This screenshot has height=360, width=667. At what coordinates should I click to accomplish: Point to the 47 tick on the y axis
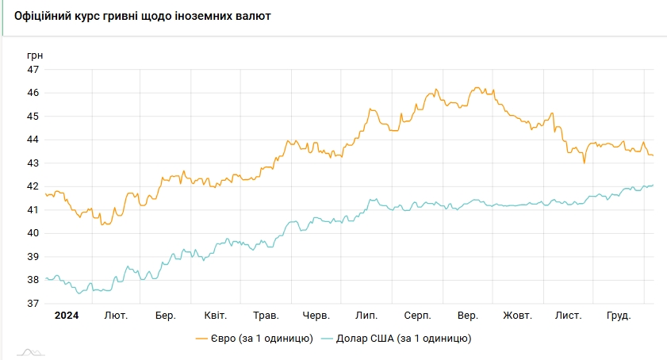coord(33,70)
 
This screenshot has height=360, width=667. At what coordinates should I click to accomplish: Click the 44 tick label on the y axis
coord(33,140)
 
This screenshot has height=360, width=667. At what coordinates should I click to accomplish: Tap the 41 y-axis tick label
coord(33,210)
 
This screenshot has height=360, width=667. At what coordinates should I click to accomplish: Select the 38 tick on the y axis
coord(33,280)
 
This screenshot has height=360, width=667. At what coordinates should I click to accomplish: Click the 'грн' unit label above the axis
coord(35,55)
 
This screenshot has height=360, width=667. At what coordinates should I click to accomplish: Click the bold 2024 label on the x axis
coord(66,316)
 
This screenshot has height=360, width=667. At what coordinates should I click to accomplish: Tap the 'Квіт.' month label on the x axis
coord(216,316)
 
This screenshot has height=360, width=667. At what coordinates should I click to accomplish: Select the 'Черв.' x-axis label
coord(316,316)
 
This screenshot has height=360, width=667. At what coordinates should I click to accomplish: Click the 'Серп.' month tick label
coord(417,316)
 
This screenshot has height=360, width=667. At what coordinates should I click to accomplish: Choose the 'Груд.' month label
coord(618,316)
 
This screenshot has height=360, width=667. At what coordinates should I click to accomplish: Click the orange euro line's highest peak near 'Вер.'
coord(476,87)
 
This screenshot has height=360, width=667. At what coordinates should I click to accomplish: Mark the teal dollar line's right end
coord(653,185)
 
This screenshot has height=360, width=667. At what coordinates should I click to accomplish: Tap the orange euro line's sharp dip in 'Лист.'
coord(585,163)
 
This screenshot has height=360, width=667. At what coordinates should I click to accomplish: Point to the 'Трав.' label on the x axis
coord(266,316)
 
